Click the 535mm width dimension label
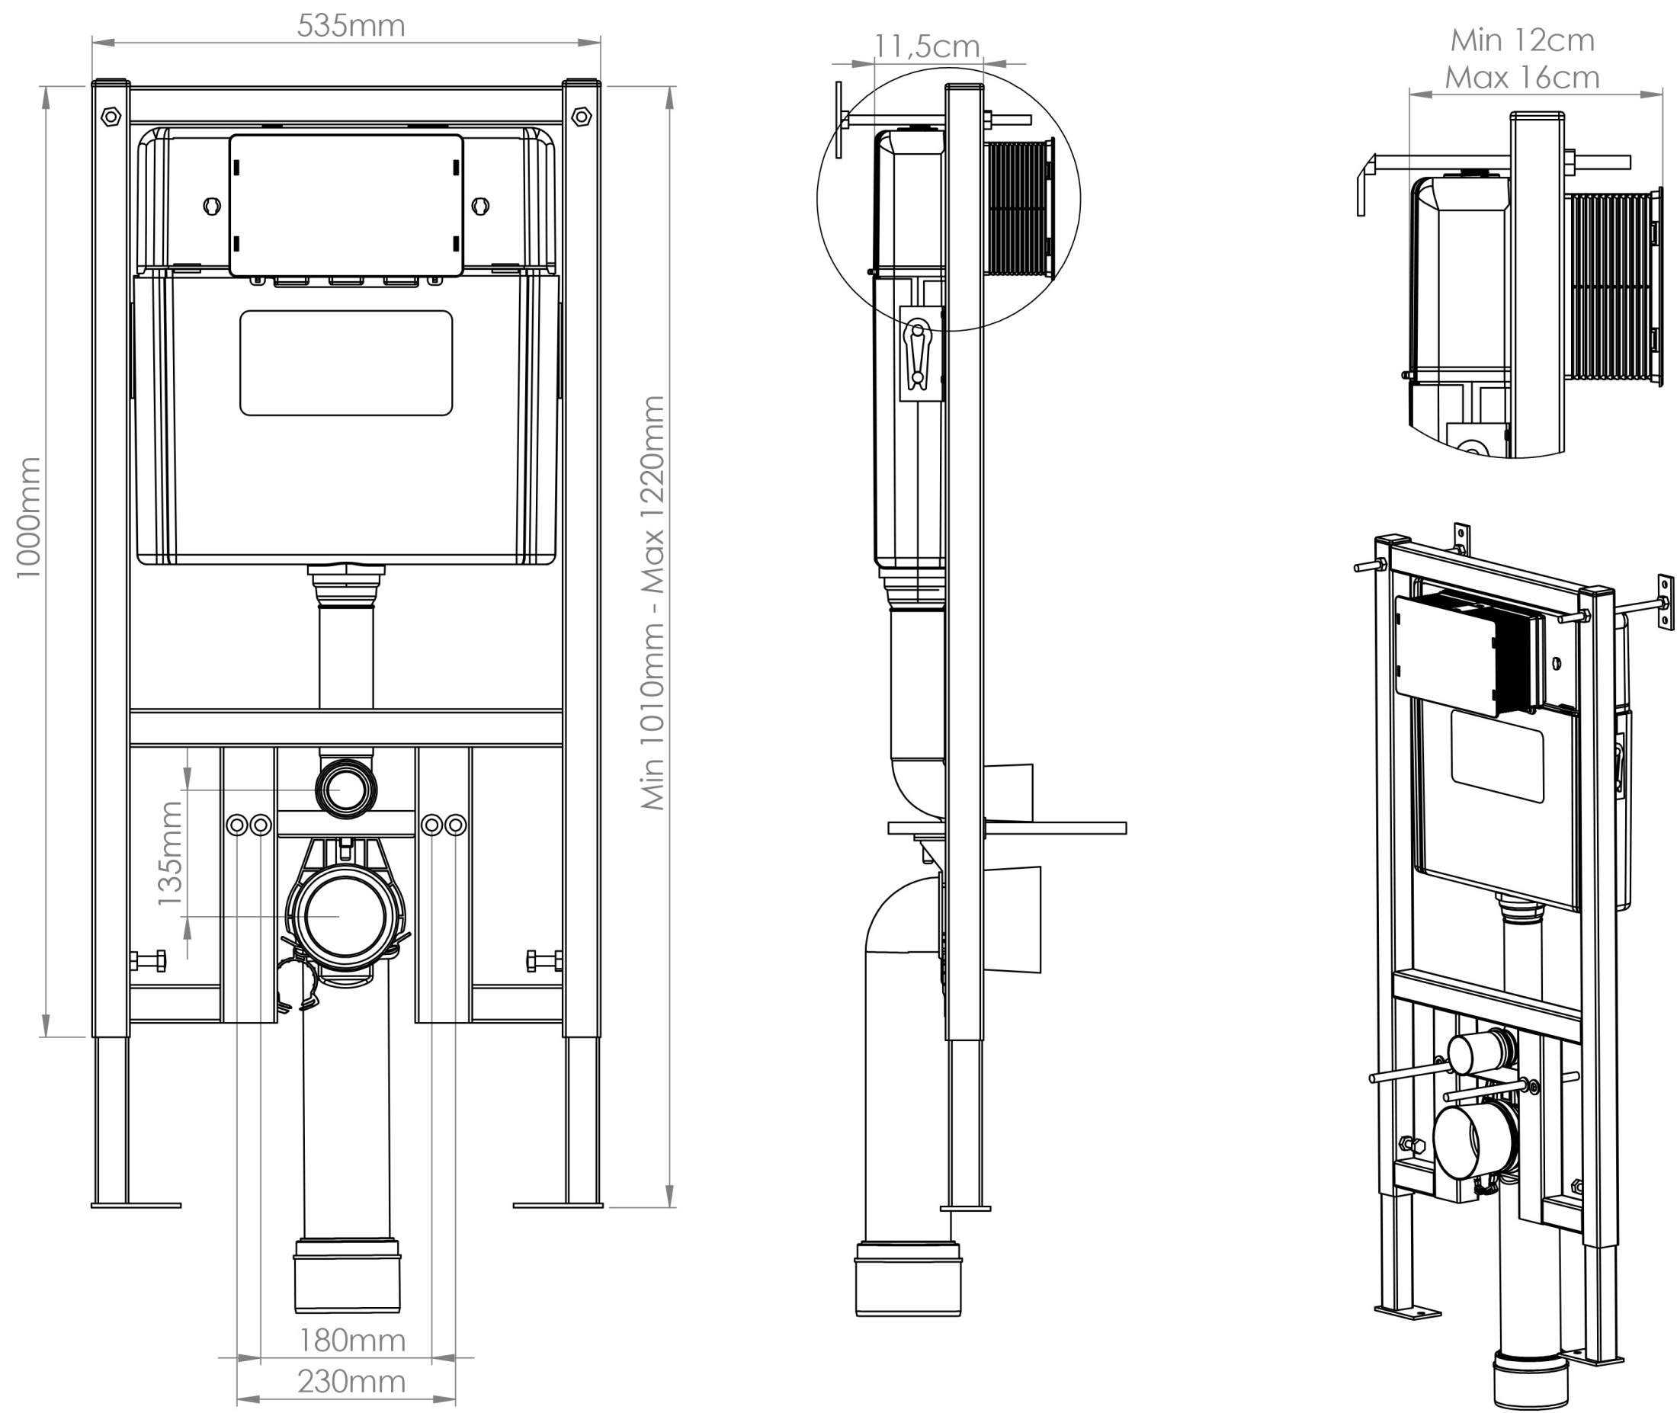350,26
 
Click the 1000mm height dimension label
28,517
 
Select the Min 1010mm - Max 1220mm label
653,602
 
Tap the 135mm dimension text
170,854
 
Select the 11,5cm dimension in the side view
926,46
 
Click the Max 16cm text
1521,78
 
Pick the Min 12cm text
1521,40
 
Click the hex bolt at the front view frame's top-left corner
111,117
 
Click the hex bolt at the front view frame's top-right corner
582,117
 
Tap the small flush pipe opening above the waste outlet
346,790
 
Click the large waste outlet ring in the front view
346,916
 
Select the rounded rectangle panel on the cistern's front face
346,363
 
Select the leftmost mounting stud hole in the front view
237,825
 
